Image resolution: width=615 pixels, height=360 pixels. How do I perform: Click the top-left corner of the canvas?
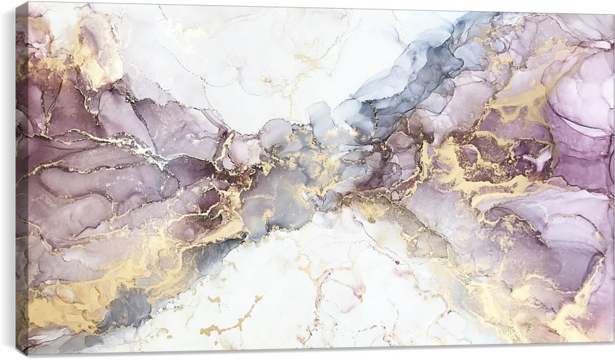27,3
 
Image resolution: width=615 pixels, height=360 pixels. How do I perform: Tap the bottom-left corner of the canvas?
28,355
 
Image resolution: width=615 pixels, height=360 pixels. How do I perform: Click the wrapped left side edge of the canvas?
22,179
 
